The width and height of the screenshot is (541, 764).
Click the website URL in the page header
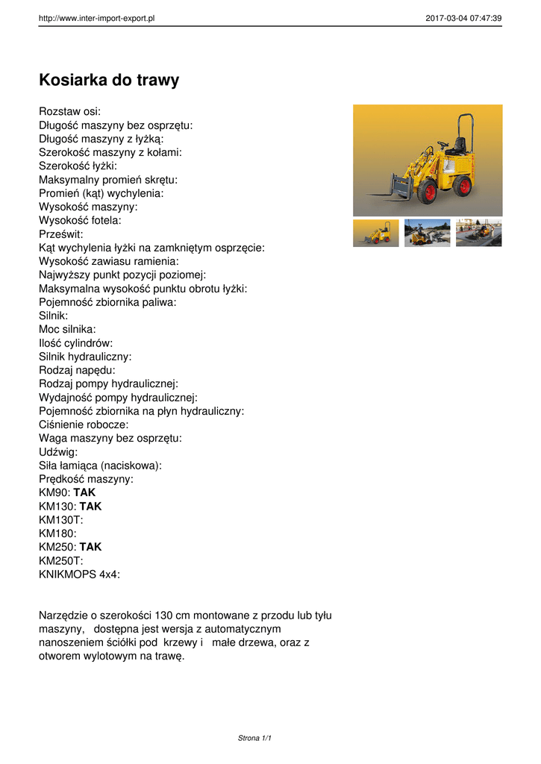(96, 18)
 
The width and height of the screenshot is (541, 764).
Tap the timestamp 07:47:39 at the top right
(484, 18)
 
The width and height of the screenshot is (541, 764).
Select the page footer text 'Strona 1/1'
(254, 738)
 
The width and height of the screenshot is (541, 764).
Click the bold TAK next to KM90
(84, 492)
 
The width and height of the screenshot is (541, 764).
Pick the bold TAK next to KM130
(90, 506)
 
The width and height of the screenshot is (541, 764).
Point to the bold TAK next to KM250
(90, 547)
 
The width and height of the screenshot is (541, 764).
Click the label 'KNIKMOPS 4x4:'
(79, 574)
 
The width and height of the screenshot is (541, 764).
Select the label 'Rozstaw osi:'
(69, 112)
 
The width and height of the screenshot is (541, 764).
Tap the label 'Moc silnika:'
(67, 329)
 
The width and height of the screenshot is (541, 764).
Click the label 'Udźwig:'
(57, 451)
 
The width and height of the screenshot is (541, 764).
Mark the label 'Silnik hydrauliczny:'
(85, 357)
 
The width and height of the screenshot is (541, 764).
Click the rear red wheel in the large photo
(463, 185)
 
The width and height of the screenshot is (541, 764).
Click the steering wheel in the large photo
(442, 143)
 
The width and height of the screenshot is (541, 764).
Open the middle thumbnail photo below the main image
(428, 233)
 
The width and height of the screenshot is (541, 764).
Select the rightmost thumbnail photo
(478, 233)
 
